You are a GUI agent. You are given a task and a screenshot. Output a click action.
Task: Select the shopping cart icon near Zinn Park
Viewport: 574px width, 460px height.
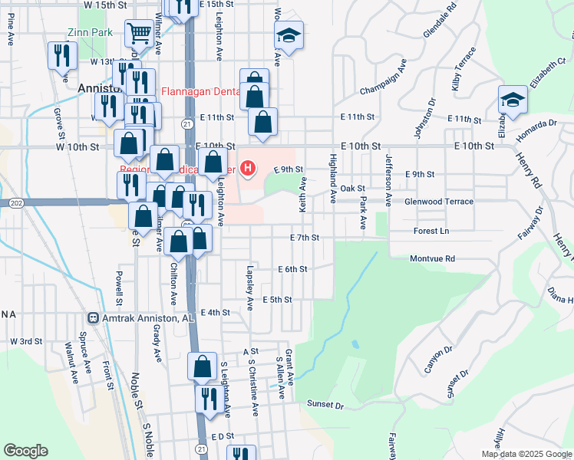(138, 33)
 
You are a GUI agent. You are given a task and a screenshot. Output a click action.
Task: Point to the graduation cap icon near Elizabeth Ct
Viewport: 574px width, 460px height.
(513, 99)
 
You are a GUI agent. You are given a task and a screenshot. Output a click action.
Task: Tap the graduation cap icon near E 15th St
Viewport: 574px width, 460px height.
(289, 35)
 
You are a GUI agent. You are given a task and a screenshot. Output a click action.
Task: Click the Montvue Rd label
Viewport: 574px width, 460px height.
(432, 259)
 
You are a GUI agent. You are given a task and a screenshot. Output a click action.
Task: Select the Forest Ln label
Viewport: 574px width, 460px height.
(430, 230)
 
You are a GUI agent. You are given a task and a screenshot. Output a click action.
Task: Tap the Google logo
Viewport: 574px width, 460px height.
(25, 451)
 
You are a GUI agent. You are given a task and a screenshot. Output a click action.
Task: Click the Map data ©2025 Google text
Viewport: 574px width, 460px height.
(526, 454)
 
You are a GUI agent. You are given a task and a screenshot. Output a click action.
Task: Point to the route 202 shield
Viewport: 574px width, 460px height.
(16, 203)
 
